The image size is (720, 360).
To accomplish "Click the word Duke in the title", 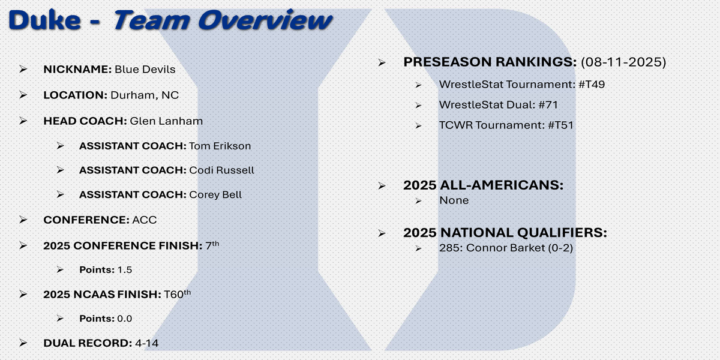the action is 44,20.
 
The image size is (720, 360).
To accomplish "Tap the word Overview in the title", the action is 265,20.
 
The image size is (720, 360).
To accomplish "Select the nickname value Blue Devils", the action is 145,70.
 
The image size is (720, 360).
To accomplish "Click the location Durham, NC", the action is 145,95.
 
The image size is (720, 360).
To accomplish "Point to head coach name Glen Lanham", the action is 166,121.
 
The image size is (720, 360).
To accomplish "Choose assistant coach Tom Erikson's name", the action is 220,146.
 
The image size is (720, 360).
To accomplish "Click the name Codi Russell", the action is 221,170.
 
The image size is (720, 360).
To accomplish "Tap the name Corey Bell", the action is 215,195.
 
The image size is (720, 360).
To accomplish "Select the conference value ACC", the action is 145,220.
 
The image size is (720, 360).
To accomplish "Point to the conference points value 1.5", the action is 125,270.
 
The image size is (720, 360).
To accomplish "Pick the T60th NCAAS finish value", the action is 177,294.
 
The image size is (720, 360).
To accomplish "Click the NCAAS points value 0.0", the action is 125,319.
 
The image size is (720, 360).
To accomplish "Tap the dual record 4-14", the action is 146,343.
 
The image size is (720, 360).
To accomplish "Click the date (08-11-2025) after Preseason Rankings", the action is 623,62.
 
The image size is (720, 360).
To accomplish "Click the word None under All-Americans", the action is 454,200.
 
